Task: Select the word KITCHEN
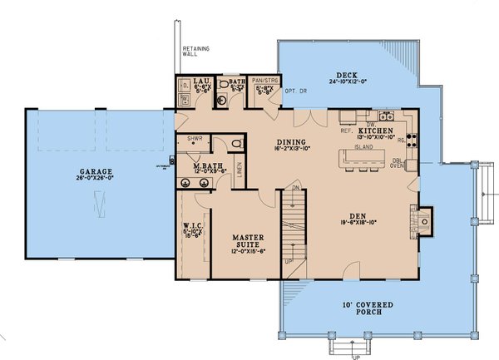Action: (x=375, y=131)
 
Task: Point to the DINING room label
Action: (x=292, y=141)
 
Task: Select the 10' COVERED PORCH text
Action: (x=356, y=304)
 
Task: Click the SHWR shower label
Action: (x=195, y=139)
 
